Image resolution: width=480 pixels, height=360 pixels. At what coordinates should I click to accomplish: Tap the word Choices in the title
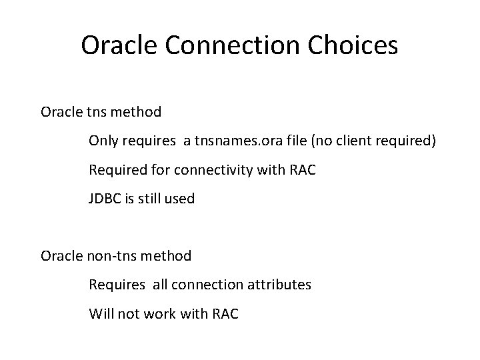(355, 45)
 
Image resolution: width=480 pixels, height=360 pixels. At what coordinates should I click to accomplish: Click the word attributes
(278, 284)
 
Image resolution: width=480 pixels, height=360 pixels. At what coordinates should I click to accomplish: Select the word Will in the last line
(101, 313)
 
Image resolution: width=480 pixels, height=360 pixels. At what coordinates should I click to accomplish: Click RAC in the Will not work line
(224, 313)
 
